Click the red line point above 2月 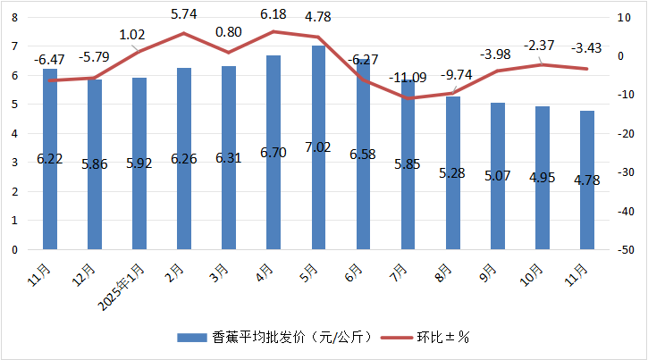(184, 33)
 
